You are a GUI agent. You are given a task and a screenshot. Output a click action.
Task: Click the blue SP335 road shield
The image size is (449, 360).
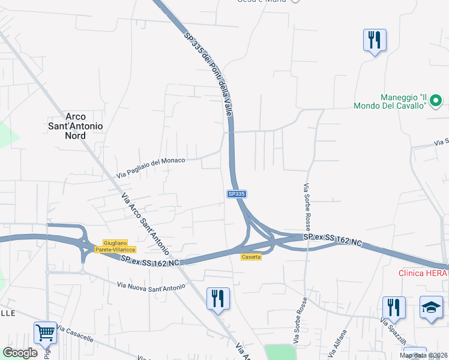pos(237,194)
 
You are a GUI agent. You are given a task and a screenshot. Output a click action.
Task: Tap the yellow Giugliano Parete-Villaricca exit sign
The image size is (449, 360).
pos(116,246)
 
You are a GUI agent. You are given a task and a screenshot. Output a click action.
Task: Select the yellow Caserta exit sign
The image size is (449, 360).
pos(251,257)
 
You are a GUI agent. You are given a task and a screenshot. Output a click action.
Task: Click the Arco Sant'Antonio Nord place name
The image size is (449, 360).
pos(76,126)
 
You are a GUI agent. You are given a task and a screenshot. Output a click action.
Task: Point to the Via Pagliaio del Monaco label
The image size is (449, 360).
pos(151,166)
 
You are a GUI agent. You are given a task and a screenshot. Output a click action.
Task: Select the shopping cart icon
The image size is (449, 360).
pos(46,332)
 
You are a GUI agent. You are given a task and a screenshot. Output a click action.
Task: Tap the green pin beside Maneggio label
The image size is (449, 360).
pos(437,100)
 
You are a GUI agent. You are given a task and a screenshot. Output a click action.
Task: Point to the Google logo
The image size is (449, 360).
pos(20,352)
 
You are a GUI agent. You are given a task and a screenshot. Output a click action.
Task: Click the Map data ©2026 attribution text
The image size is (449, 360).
pos(423,355)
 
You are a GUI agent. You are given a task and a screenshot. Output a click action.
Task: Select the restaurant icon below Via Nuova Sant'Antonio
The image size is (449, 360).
pos(218,298)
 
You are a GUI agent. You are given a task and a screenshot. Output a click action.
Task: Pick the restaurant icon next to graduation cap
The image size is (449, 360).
pos(394,307)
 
